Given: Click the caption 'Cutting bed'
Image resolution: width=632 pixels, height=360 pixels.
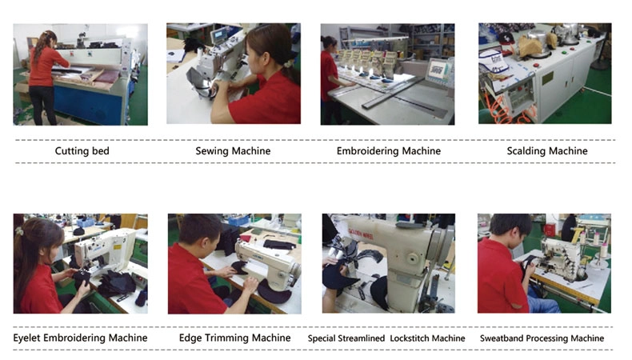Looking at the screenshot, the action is (x=82, y=151).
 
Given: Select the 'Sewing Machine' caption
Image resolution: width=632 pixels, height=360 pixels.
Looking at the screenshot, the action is (x=233, y=151).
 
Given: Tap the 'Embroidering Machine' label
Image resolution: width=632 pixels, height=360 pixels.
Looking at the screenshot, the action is (x=389, y=151).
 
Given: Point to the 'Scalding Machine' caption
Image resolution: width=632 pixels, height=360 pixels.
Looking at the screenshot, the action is (x=547, y=151).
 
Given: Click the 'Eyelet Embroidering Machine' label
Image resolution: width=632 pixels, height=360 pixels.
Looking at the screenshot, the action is (x=80, y=338).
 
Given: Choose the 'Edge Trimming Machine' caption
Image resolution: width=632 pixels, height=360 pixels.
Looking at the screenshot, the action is (x=234, y=338).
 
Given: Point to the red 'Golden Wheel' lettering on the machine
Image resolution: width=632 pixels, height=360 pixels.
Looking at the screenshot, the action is (x=361, y=234).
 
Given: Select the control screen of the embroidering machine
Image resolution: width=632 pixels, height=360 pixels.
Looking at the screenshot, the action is (x=438, y=70).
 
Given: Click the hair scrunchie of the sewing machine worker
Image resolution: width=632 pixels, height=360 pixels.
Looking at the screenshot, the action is (x=288, y=63).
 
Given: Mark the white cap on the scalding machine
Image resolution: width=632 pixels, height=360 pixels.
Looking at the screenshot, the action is (x=493, y=62).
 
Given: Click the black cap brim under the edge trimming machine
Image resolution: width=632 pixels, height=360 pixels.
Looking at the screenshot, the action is (x=274, y=291).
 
